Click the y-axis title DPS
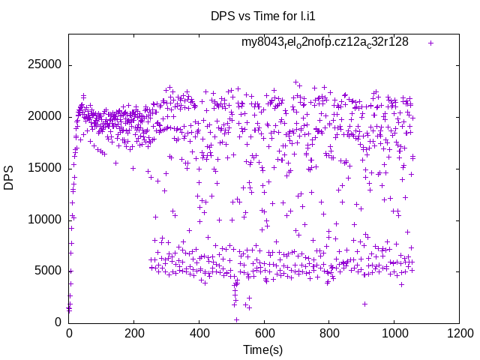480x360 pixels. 9,178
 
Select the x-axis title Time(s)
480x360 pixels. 263,349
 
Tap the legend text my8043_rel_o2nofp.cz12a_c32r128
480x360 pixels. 325,43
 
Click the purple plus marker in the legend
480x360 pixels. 430,43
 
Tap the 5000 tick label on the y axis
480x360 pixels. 46,271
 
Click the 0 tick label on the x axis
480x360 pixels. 69,332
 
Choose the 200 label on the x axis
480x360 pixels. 134,332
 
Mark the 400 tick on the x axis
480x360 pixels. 199,332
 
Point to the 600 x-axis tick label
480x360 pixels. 264,332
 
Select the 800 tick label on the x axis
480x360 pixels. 329,332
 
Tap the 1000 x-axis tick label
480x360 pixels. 394,332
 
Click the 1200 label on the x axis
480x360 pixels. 459,332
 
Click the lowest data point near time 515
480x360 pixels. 236,319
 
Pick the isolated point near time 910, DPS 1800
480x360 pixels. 364,304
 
